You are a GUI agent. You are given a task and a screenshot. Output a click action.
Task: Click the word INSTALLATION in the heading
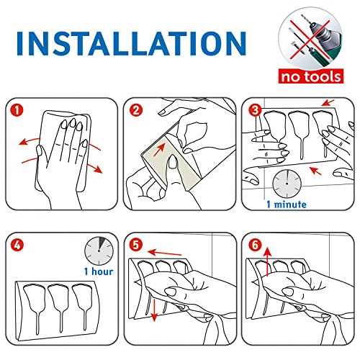coord(131,43)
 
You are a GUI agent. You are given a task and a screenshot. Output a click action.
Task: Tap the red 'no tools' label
coord(311,76)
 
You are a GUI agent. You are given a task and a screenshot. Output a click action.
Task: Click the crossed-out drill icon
coord(310,39)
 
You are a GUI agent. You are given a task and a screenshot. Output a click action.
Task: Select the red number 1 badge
coord(17,110)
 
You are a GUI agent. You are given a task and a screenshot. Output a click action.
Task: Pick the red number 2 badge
coord(136,110)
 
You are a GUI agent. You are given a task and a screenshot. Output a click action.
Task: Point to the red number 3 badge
coord(255,110)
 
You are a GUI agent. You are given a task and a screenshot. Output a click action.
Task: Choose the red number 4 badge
coord(17,246)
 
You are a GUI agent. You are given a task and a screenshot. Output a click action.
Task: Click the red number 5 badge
coord(136,246)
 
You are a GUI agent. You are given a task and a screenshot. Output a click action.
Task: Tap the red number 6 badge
coord(255,246)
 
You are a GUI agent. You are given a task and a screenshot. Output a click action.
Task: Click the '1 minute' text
coord(287,204)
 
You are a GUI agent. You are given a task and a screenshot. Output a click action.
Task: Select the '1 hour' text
coord(99,271)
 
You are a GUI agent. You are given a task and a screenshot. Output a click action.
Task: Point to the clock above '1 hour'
coord(99,251)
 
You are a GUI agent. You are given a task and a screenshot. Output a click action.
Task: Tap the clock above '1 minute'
coord(287,184)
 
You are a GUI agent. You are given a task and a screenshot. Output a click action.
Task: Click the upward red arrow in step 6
coord(268,262)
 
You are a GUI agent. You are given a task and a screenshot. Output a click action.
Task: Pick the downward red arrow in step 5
coord(154,310)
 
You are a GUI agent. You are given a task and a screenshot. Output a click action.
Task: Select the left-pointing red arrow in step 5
coord(164,253)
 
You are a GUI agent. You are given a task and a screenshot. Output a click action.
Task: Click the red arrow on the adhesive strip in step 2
coord(159,149)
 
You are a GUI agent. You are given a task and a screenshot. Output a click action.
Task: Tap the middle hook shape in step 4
coord(59,305)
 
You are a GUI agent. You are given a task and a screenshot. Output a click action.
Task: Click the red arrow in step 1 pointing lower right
coord(95,158)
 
